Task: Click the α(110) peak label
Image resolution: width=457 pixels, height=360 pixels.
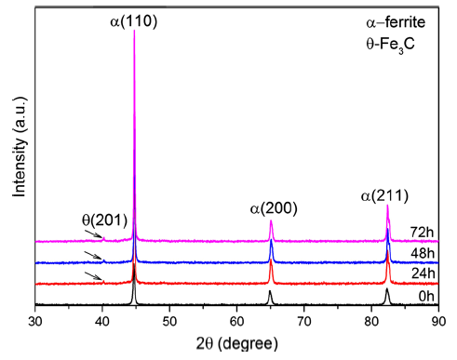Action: pyautogui.click(x=135, y=16)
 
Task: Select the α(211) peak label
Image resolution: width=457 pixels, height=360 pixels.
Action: pyautogui.click(x=385, y=195)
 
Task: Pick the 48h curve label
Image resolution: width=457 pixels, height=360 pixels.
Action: pyautogui.click(x=422, y=254)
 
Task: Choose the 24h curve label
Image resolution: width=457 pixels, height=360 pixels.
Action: pyautogui.click(x=422, y=275)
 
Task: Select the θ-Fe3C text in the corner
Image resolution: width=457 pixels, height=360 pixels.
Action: pyautogui.click(x=395, y=45)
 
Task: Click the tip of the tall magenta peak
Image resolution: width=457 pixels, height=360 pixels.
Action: pyautogui.click(x=135, y=32)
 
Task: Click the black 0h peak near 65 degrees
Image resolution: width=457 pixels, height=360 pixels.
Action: pyautogui.click(x=270, y=293)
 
